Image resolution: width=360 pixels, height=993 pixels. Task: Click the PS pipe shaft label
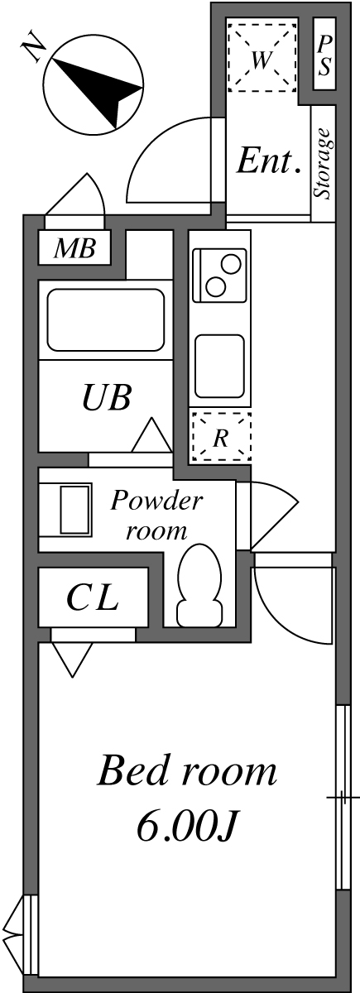tap(324, 57)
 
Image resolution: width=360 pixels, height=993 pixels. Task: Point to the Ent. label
tap(267, 161)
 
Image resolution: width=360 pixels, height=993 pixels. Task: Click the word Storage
tap(324, 163)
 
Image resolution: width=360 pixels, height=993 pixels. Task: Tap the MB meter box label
tap(75, 247)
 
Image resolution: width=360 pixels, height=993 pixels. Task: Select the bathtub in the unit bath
tap(106, 319)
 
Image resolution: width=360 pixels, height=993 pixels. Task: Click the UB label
tap(106, 398)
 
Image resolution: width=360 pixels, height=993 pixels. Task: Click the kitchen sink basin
tap(219, 365)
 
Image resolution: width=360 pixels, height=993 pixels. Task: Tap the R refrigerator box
tap(220, 436)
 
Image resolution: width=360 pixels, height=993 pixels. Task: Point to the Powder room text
tap(156, 515)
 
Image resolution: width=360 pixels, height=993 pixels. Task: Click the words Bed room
tap(186, 772)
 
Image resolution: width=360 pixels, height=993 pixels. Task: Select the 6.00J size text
tap(188, 827)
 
